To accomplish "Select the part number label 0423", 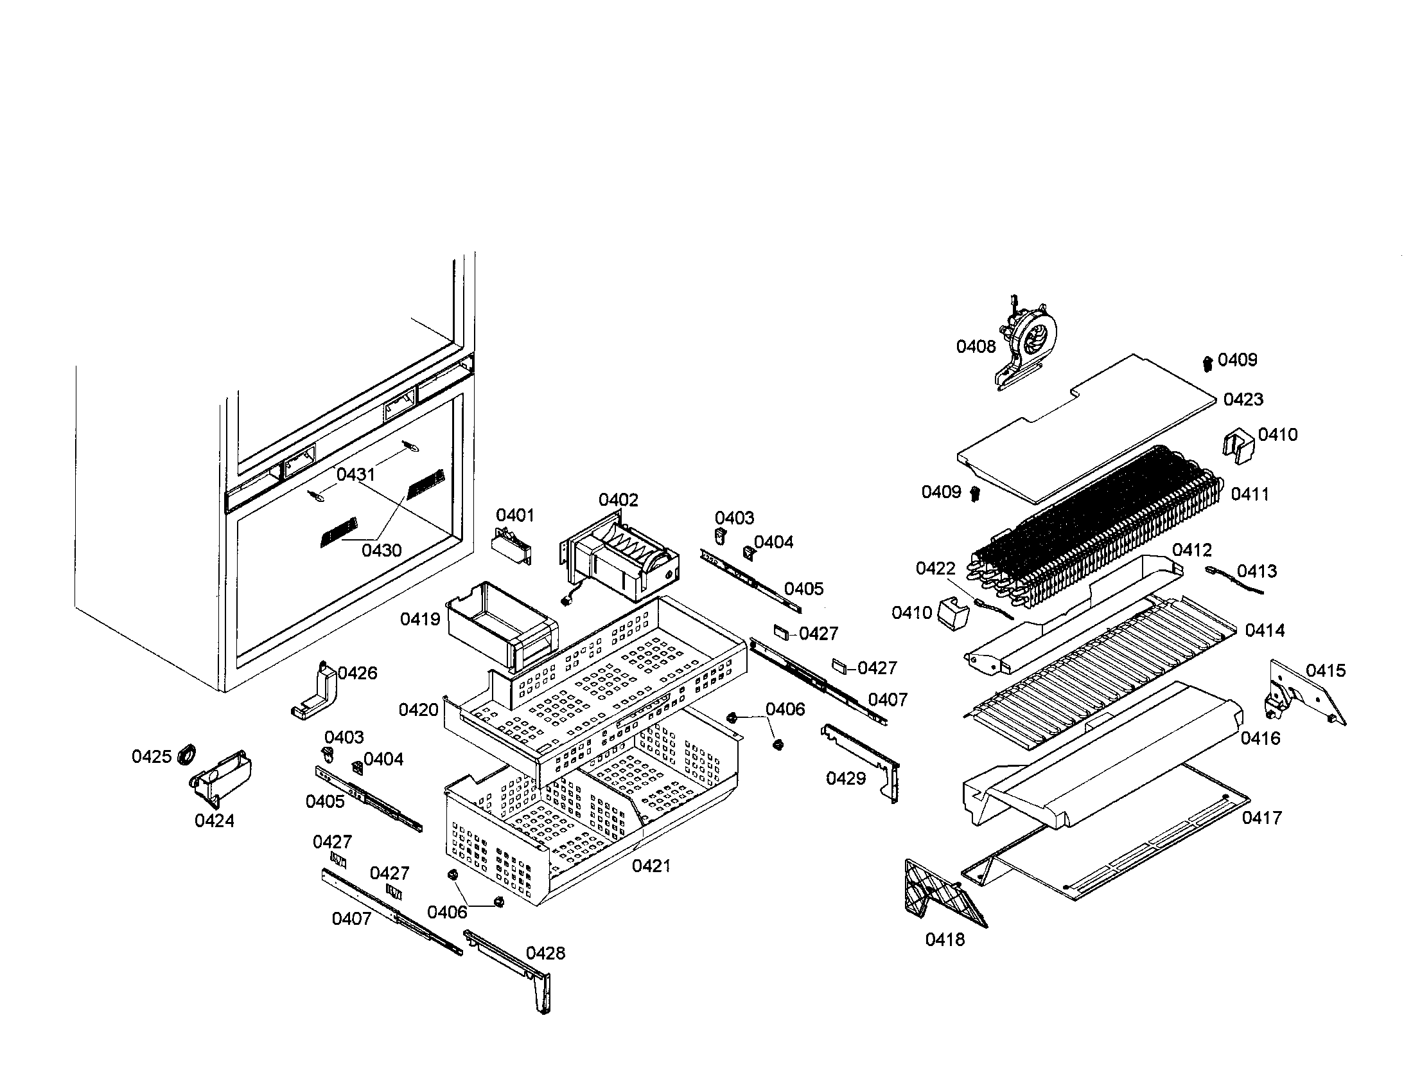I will coord(1243,399).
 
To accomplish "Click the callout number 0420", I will coord(418,710).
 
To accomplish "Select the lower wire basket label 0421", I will coord(651,866).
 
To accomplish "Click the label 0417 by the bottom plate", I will coord(1261,818).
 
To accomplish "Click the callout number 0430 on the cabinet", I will coord(381,551).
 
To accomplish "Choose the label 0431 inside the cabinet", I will coord(355,474).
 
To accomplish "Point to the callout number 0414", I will coord(1264,630).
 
